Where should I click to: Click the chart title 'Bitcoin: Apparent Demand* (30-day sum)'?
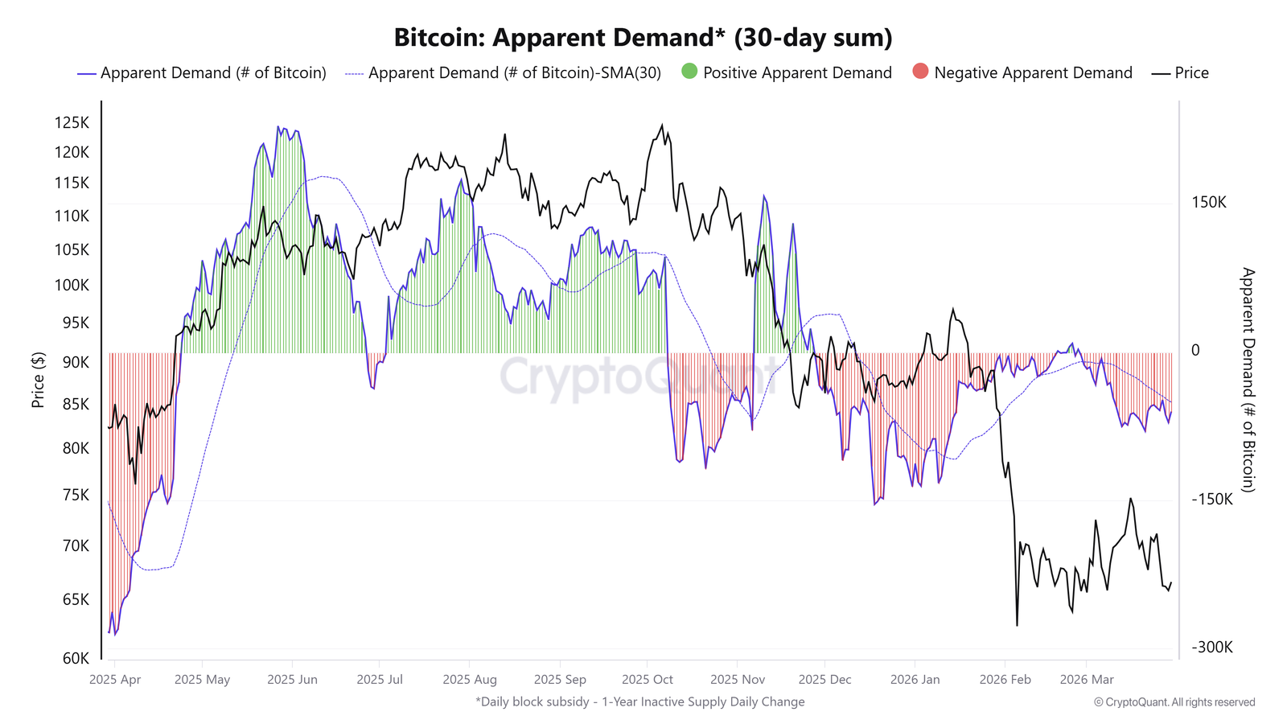click(643, 38)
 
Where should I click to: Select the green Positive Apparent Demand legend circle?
click(689, 72)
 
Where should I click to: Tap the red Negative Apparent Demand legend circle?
click(920, 72)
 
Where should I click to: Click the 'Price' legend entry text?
click(1191, 73)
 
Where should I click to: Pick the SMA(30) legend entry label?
click(514, 73)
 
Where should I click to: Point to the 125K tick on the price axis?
click(72, 123)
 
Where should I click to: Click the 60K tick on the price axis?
click(76, 658)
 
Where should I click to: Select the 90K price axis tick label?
click(76, 362)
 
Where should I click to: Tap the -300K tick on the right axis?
click(1211, 648)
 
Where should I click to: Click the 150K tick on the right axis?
click(1208, 202)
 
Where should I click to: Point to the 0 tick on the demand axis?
click(1195, 350)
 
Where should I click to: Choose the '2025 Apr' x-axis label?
click(115, 680)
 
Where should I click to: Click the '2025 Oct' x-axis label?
click(648, 680)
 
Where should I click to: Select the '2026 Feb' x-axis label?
click(1005, 680)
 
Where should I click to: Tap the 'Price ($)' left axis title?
click(38, 380)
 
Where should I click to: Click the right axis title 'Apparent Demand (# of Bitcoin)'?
click(1248, 380)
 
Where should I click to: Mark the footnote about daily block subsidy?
click(639, 701)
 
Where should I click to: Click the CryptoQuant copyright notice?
click(1174, 702)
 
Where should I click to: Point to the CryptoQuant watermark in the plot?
click(639, 376)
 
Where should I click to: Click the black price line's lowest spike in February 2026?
click(1017, 624)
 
